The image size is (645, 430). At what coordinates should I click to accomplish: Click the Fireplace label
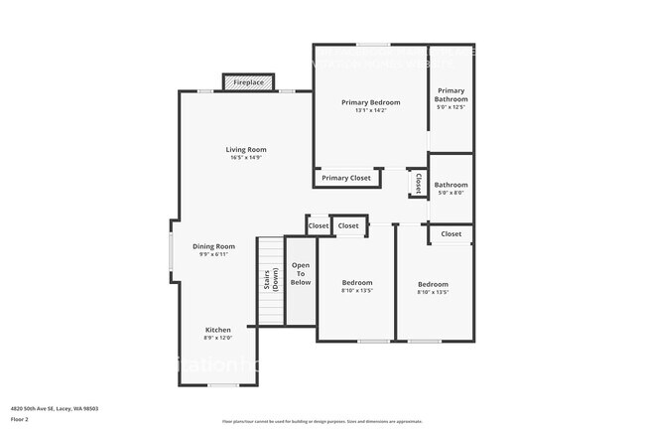click(248, 82)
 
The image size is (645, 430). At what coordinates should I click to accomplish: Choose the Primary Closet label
click(346, 178)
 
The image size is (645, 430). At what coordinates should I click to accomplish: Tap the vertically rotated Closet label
click(418, 183)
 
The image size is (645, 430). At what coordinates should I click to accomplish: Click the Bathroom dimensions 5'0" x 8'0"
click(451, 193)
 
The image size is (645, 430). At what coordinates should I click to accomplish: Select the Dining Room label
click(213, 246)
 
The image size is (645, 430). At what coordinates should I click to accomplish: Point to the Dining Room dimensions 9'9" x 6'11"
click(213, 254)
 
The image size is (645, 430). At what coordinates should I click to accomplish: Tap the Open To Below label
click(300, 274)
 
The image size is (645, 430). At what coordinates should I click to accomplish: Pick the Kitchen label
click(218, 330)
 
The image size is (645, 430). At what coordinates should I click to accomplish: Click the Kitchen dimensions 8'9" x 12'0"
click(218, 338)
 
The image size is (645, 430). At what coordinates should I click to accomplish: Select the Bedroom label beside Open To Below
click(357, 283)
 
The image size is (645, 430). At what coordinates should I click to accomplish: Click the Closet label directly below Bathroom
click(451, 233)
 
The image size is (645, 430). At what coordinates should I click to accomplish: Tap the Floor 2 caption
click(20, 418)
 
